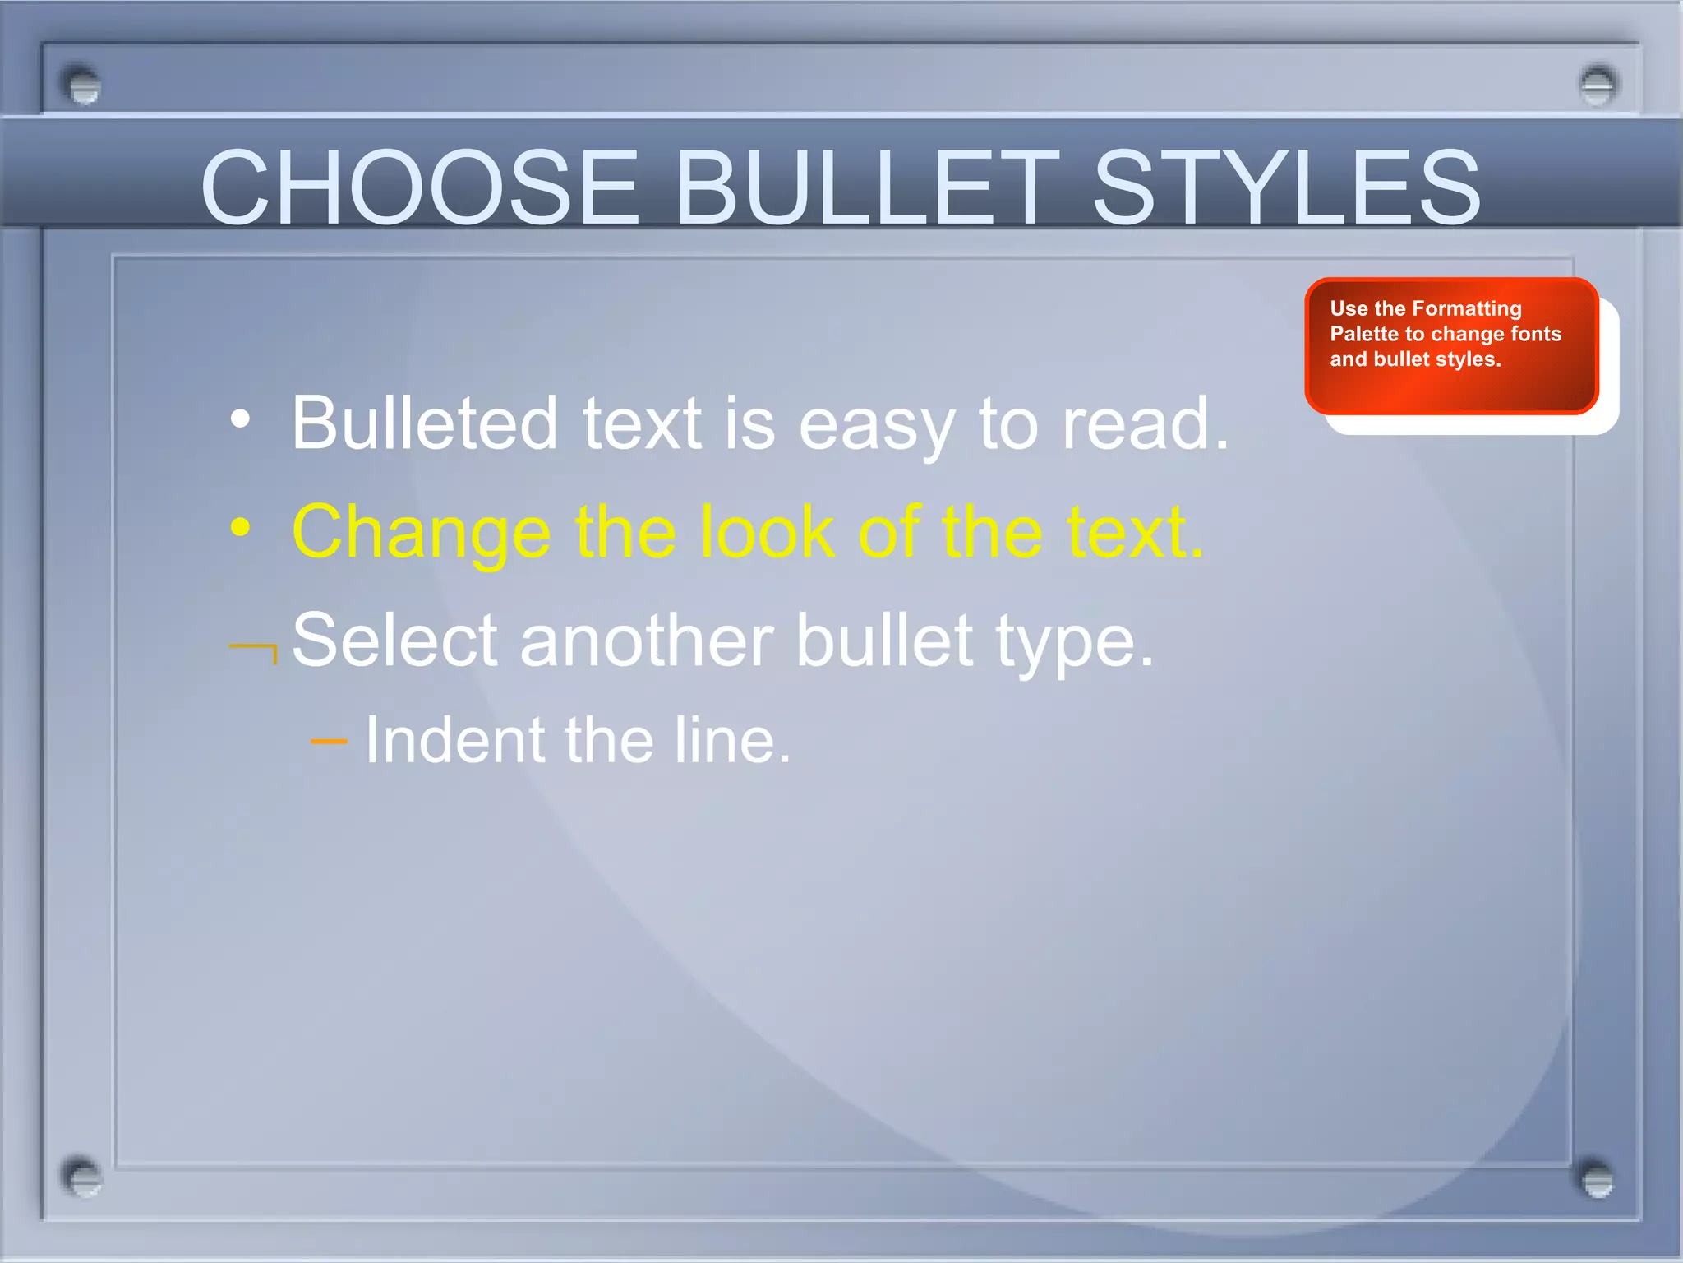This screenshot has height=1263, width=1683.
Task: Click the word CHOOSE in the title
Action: tap(419, 187)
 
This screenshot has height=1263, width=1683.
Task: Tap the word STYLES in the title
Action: tap(1286, 187)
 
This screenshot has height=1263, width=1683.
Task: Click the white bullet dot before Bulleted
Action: tap(240, 419)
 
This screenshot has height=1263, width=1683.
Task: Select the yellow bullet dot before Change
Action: tap(240, 528)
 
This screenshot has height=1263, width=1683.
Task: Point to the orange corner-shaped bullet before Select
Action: tap(254, 651)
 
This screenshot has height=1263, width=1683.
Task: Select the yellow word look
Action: tap(768, 533)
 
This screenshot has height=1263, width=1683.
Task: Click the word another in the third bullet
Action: tap(646, 641)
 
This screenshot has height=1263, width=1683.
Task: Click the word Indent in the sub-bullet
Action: tap(453, 740)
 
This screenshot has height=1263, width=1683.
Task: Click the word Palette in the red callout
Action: tap(1364, 334)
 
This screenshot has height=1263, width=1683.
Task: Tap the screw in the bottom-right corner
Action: tap(1597, 1178)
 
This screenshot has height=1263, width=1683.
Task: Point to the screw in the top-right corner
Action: tap(1597, 85)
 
